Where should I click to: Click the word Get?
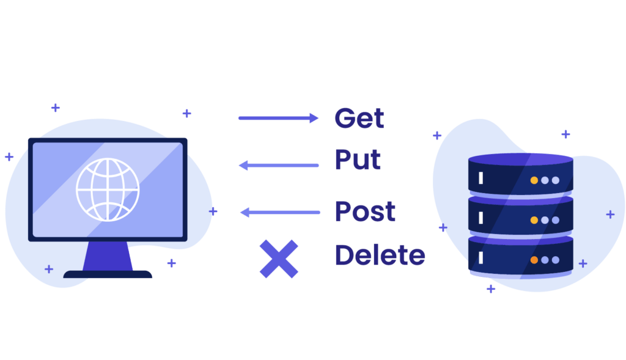click(x=359, y=118)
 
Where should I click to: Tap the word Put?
click(x=358, y=160)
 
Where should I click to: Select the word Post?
click(x=365, y=211)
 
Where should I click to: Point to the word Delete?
click(x=380, y=255)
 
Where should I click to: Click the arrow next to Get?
click(x=278, y=118)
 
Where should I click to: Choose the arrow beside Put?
click(x=279, y=165)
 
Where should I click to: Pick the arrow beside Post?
click(x=279, y=212)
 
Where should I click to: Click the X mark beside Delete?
click(x=279, y=259)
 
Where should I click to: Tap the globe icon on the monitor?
click(x=108, y=189)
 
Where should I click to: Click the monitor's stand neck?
click(x=108, y=256)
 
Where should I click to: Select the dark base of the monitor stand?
click(x=108, y=274)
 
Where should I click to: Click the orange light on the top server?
click(x=534, y=180)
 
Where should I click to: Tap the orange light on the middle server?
click(x=534, y=220)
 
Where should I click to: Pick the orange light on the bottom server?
click(x=534, y=260)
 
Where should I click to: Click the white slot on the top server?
click(x=481, y=178)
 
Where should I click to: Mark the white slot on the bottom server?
click(x=481, y=257)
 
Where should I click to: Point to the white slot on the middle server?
click(x=481, y=218)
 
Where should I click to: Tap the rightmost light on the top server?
click(x=555, y=180)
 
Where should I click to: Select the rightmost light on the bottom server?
click(x=555, y=260)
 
